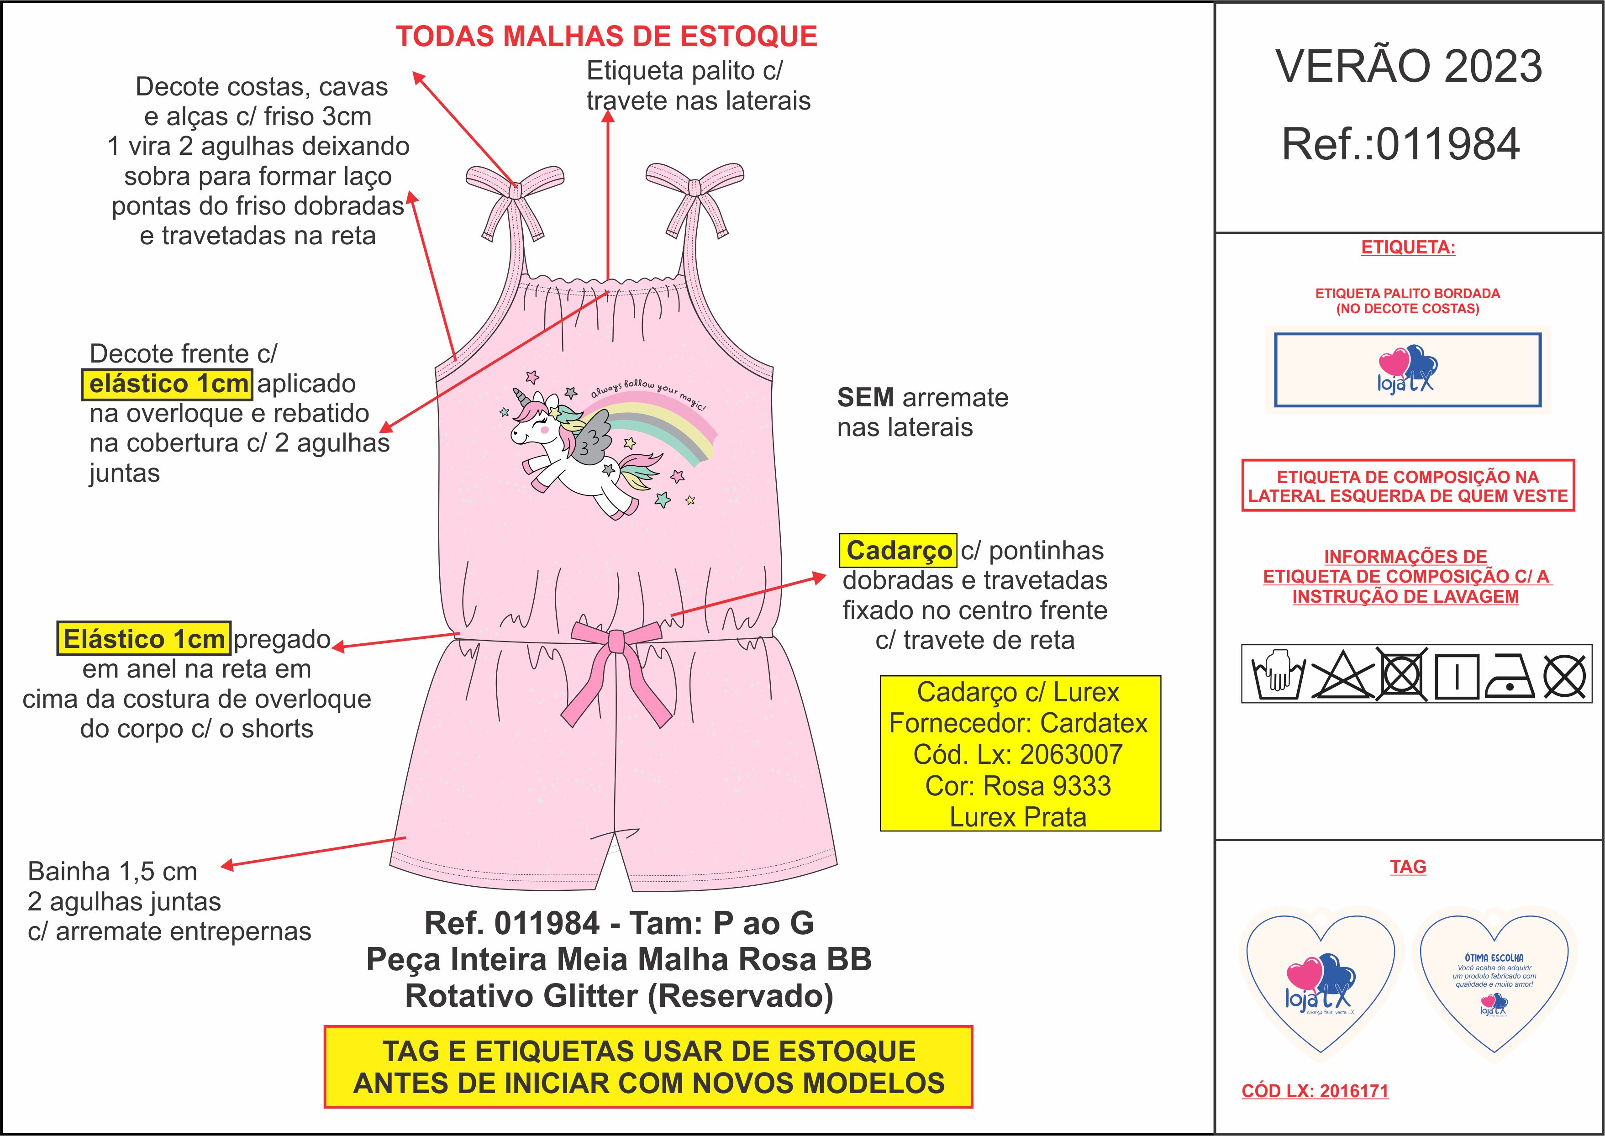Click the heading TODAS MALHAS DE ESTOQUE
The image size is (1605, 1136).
(x=606, y=37)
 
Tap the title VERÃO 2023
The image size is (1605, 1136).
(x=1408, y=67)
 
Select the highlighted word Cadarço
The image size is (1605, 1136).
(x=898, y=551)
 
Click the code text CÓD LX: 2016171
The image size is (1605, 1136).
(x=1315, y=1090)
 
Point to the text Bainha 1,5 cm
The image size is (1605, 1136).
(x=113, y=872)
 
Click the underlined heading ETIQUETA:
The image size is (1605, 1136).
(x=1408, y=247)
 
